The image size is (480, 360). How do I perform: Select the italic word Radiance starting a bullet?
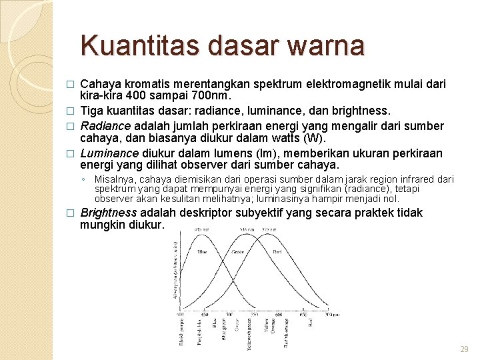[105, 126]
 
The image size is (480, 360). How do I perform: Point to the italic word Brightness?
[109, 213]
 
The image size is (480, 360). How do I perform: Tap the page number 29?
[464, 349]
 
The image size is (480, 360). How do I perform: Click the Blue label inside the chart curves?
[201, 252]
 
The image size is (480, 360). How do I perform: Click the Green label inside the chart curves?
[239, 252]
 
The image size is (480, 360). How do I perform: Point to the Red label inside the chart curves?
[277, 252]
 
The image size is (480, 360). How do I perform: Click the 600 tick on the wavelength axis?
[278, 314]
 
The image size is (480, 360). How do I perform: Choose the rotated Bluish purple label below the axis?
[181, 331]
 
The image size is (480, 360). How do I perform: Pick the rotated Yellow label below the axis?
[266, 326]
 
